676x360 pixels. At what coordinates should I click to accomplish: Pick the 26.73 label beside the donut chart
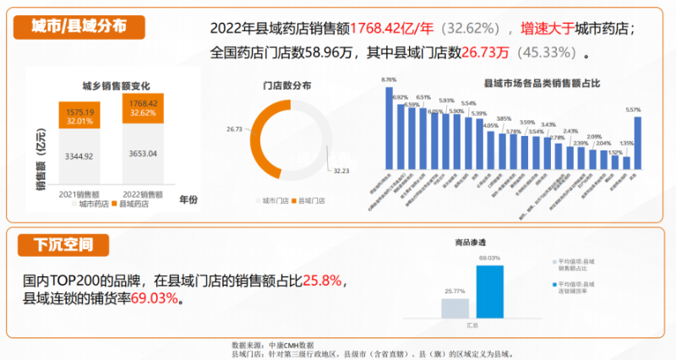click(x=234, y=129)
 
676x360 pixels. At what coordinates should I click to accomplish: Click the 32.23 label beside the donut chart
click(x=341, y=171)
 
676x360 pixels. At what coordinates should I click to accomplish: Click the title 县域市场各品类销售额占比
click(x=530, y=85)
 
